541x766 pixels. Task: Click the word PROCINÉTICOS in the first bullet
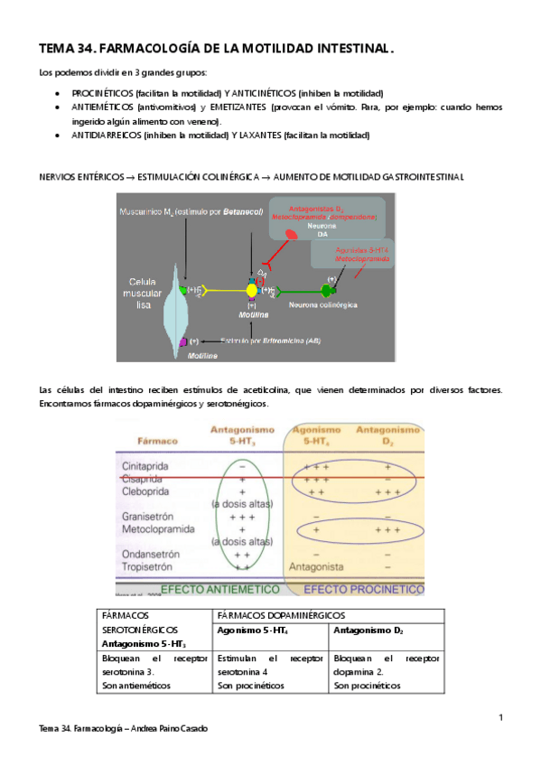(101, 93)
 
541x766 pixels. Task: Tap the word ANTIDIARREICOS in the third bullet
(107, 135)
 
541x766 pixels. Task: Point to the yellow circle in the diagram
(252, 290)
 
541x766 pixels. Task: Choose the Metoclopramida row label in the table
(160, 529)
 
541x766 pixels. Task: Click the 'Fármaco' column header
(155, 444)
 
